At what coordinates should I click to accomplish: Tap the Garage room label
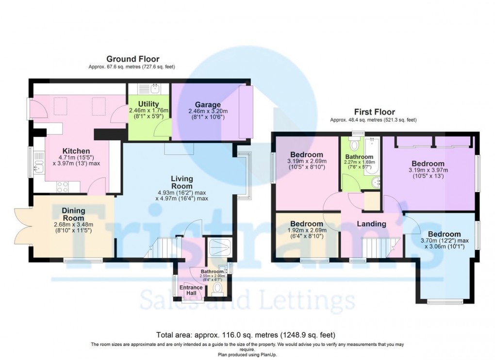pyautogui.click(x=208, y=104)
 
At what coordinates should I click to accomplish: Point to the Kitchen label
pyautogui.click(x=77, y=150)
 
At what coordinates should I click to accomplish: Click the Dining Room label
pyautogui.click(x=74, y=214)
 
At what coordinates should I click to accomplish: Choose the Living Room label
pyautogui.click(x=182, y=182)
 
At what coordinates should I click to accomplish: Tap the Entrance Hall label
pyautogui.click(x=191, y=290)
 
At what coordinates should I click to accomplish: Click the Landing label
pyautogui.click(x=371, y=224)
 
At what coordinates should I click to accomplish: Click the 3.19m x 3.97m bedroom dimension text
pyautogui.click(x=428, y=170)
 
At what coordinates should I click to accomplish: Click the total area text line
pyautogui.click(x=246, y=335)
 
